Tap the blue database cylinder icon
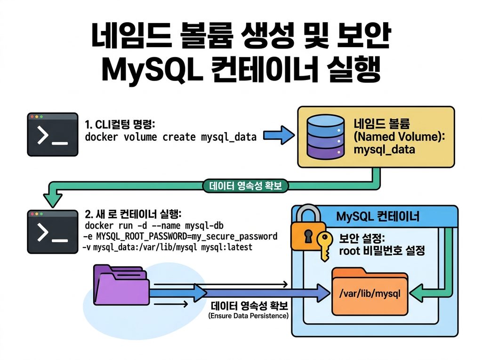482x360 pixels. pyautogui.click(x=325, y=137)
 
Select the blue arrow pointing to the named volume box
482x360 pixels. pyautogui.click(x=279, y=135)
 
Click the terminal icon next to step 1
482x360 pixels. pyautogui.click(x=53, y=134)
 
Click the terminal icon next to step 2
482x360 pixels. pyautogui.click(x=53, y=232)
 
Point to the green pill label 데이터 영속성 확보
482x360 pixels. pyautogui.click(x=245, y=186)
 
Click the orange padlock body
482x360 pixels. pyautogui.click(x=307, y=235)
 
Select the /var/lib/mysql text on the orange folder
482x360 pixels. pyautogui.click(x=370, y=294)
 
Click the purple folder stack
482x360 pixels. pyautogui.click(x=121, y=285)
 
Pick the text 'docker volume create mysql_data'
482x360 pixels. pyautogui.click(x=170, y=137)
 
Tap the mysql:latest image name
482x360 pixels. pyautogui.click(x=226, y=247)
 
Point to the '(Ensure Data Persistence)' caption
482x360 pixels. pyautogui.click(x=249, y=316)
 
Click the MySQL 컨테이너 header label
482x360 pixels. pyautogui.click(x=378, y=216)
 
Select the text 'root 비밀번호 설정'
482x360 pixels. pyautogui.click(x=382, y=251)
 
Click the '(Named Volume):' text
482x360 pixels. pyautogui.click(x=399, y=136)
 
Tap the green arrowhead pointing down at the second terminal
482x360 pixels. pyautogui.click(x=53, y=200)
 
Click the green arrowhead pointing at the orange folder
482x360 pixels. pyautogui.click(x=417, y=293)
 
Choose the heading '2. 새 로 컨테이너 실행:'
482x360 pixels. pyautogui.click(x=133, y=214)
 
